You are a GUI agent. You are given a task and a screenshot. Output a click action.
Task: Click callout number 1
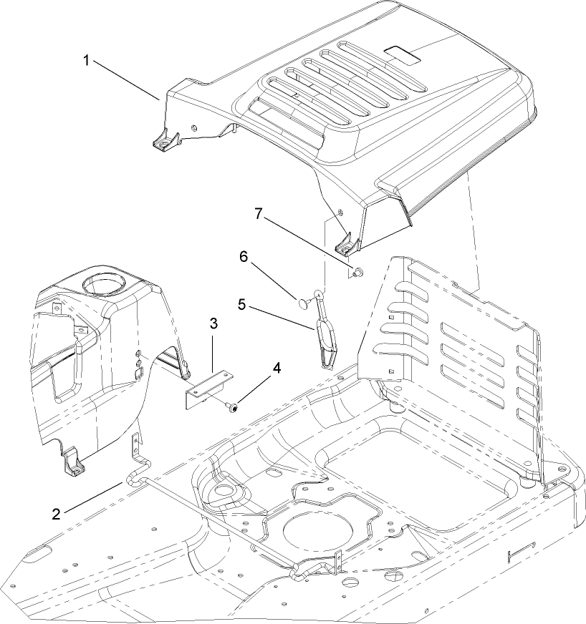86,60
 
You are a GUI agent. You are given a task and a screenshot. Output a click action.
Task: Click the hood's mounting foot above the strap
345,245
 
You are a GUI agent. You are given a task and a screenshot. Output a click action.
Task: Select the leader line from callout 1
125,80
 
